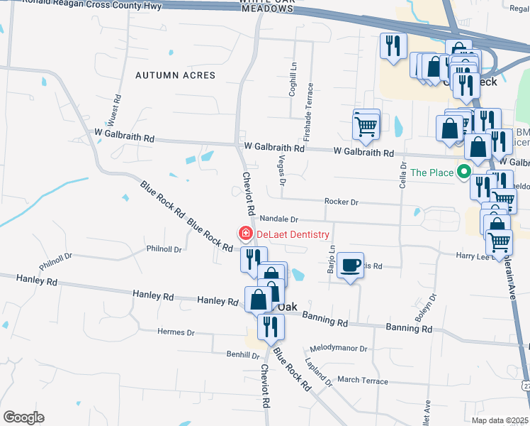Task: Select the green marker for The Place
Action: click(465, 172)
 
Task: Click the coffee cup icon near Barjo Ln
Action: click(350, 266)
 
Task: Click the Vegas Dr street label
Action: click(282, 170)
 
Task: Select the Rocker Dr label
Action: click(342, 202)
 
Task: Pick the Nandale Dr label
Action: click(278, 219)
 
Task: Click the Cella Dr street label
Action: click(403, 175)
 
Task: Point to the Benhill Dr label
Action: click(224, 354)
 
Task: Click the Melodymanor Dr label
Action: click(339, 349)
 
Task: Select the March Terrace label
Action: click(363, 381)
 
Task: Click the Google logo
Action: click(23, 417)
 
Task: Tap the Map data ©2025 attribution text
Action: click(500, 420)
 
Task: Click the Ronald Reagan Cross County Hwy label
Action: click(92, 5)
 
